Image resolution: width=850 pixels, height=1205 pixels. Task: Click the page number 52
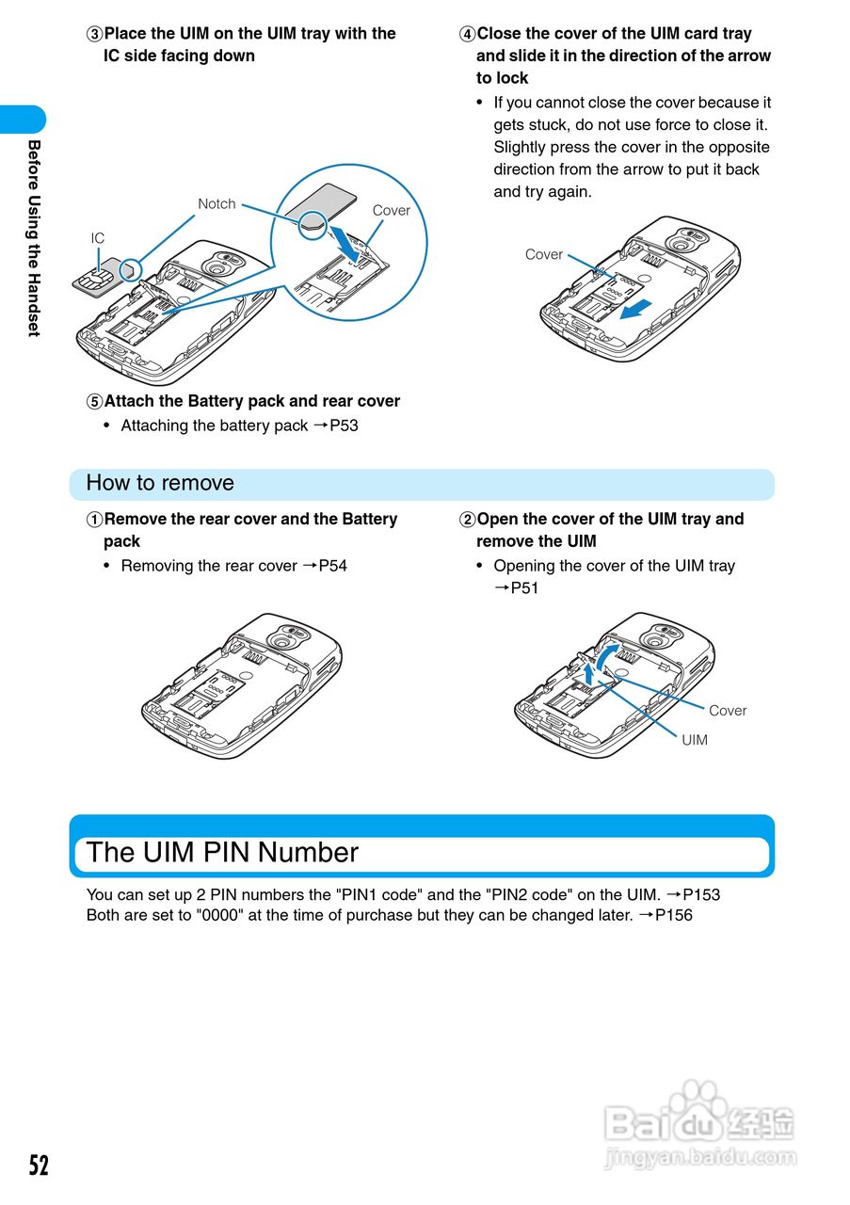(x=38, y=1165)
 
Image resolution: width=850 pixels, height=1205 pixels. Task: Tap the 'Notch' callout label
(x=217, y=204)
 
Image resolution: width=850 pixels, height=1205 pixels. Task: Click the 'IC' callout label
(x=98, y=239)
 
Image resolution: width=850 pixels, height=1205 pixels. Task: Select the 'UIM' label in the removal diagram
(x=695, y=740)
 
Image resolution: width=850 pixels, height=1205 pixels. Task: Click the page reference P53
(x=344, y=426)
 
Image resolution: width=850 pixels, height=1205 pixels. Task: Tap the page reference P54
(x=332, y=566)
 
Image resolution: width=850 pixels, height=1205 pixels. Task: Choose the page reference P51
(x=524, y=588)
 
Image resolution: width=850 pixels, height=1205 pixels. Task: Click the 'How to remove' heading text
(x=160, y=483)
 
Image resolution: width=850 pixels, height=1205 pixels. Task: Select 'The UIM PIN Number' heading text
(x=222, y=853)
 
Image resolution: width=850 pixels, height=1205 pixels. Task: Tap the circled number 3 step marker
(x=94, y=34)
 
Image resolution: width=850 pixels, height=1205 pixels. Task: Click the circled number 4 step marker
(x=467, y=34)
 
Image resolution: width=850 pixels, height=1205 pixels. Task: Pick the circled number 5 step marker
(x=94, y=402)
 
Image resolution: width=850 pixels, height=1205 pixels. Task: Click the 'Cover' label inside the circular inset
(x=392, y=211)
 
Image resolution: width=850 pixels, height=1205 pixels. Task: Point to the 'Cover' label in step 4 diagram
(x=543, y=255)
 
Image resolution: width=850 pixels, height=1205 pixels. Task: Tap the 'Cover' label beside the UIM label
(x=728, y=711)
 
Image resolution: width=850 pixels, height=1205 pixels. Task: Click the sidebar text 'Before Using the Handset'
(x=34, y=237)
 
